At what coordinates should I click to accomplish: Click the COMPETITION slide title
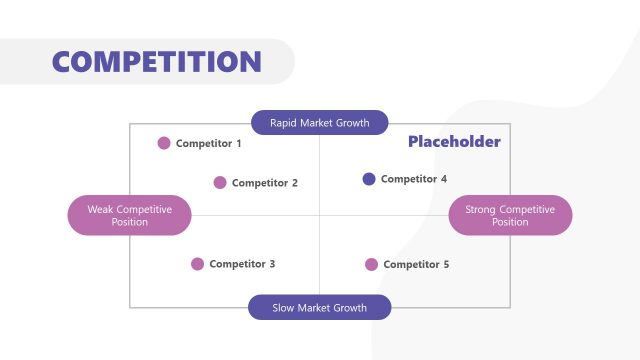tap(156, 61)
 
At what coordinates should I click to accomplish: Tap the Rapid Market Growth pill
tap(319, 123)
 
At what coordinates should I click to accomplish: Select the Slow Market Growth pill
tap(319, 308)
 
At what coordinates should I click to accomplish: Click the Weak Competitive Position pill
tap(129, 215)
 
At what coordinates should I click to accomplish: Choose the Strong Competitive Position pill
tap(510, 215)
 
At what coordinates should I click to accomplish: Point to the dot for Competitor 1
tap(164, 143)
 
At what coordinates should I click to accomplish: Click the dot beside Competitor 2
tap(220, 182)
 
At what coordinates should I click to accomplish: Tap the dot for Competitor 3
tap(197, 264)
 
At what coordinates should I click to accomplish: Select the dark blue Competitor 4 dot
tap(369, 179)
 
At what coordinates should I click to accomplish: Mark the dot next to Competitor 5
tap(371, 264)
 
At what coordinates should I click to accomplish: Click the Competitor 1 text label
tap(209, 144)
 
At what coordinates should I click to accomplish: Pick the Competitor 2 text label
tap(265, 183)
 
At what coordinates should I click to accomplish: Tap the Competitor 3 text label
tap(242, 265)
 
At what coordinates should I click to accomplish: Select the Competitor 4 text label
tap(414, 180)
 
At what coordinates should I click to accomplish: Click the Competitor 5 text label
tap(416, 265)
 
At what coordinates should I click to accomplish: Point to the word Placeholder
tap(454, 142)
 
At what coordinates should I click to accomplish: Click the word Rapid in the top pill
tap(284, 124)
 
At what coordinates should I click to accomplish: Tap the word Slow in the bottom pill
tap(285, 308)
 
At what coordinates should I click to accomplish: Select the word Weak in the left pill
tap(100, 209)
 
